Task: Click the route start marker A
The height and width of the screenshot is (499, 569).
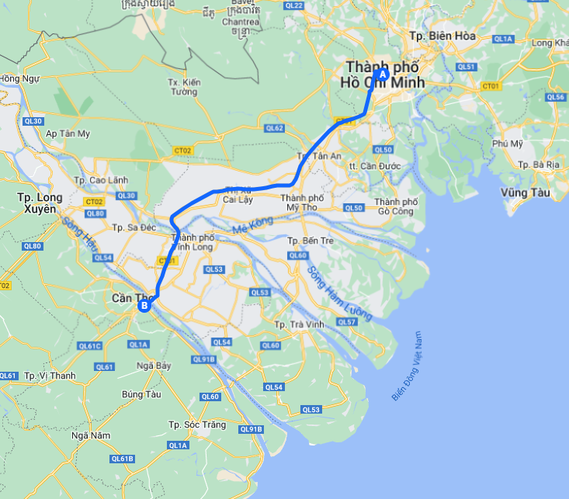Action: (x=381, y=75)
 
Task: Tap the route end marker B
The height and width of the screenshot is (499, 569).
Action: (x=144, y=306)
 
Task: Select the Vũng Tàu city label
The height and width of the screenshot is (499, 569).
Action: (x=525, y=192)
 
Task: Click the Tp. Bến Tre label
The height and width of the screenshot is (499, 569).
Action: (x=310, y=241)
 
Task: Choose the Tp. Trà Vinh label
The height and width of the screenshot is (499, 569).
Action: (x=299, y=324)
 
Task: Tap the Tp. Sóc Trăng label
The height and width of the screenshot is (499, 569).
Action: (x=196, y=424)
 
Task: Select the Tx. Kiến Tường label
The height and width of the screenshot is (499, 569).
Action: (x=184, y=87)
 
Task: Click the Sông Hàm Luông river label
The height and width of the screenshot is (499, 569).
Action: (x=339, y=294)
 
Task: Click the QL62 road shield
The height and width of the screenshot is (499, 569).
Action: (x=274, y=128)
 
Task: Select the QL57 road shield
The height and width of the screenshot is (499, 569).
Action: (x=347, y=322)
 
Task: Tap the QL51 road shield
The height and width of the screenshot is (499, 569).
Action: (x=467, y=68)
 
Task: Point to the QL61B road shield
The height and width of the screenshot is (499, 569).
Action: (x=122, y=459)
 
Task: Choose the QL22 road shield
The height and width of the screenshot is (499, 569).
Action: (x=294, y=5)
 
